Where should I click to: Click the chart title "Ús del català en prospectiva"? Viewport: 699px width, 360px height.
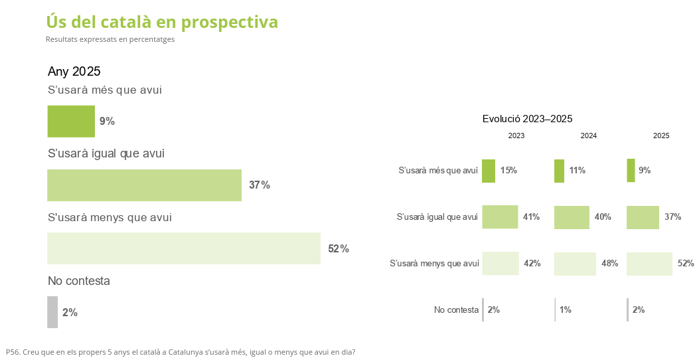(162, 22)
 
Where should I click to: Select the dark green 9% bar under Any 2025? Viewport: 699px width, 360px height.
(71, 121)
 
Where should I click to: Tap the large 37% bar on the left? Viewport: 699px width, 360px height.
(144, 185)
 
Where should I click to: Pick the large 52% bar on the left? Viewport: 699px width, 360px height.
(184, 248)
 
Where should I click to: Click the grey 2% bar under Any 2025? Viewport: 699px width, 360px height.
(52, 312)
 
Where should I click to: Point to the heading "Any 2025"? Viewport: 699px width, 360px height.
(74, 72)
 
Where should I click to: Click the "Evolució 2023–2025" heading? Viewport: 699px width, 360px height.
(527, 119)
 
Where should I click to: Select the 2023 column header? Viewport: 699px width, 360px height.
(516, 135)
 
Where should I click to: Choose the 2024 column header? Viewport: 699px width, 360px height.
(588, 135)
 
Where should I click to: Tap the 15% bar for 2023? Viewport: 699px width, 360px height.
(489, 171)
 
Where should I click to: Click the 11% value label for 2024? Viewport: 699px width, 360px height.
(577, 171)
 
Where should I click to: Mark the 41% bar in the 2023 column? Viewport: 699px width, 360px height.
(500, 217)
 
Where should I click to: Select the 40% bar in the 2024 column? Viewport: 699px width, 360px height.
(572, 217)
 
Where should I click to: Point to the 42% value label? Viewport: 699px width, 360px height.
(532, 264)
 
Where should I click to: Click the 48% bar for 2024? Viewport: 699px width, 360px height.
(575, 264)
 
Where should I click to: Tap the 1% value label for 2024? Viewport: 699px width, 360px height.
(566, 310)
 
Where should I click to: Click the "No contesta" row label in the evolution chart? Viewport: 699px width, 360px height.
(456, 310)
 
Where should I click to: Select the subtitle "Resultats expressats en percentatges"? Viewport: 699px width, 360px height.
(110, 39)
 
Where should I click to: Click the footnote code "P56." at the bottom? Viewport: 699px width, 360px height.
(13, 352)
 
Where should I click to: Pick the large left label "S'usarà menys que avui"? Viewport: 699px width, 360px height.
(110, 217)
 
